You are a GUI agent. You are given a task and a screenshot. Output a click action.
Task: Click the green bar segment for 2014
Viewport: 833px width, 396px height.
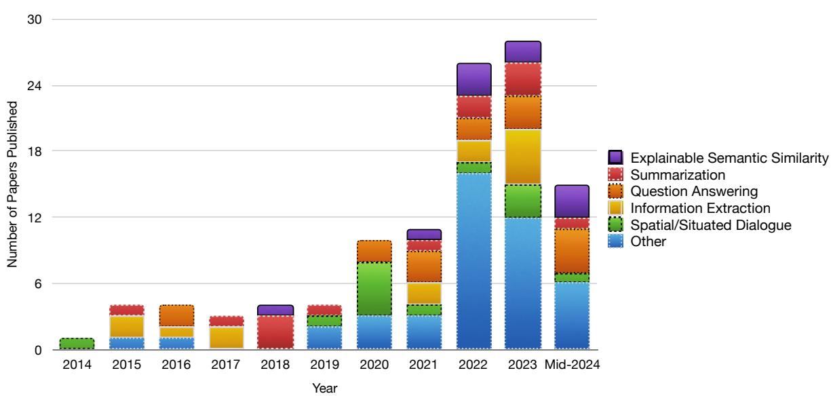pos(77,344)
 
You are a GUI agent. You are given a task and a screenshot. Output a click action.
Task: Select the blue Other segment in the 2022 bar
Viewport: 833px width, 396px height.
pos(473,261)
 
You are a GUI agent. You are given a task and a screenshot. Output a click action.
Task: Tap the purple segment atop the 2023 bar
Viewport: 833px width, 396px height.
pos(522,52)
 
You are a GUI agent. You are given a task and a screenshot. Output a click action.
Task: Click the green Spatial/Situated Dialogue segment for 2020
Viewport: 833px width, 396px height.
pos(374,288)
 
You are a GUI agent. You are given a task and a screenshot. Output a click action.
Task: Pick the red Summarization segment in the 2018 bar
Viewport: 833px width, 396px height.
pos(275,332)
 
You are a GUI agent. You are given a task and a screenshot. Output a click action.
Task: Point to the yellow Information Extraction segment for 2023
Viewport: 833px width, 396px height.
pos(522,157)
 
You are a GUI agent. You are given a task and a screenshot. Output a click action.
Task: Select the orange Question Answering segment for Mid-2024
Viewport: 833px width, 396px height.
pos(572,251)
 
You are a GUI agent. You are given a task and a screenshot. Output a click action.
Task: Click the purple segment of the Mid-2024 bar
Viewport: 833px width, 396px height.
pos(572,201)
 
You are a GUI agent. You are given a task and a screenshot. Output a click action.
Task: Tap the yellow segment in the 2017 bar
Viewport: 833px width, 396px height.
pos(225,338)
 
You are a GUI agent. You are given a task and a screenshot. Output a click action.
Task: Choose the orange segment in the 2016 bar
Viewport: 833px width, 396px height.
pos(176,316)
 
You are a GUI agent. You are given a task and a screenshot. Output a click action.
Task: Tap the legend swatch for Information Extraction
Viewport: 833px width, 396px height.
pos(616,207)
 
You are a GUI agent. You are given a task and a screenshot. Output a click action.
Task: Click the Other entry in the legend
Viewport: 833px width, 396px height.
pos(648,241)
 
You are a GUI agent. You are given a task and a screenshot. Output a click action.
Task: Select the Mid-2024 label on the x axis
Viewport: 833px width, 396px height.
pos(572,367)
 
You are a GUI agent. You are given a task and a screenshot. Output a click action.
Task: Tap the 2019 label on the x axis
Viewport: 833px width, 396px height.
pos(324,367)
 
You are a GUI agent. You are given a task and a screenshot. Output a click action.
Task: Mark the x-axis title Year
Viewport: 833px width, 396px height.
pos(324,388)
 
